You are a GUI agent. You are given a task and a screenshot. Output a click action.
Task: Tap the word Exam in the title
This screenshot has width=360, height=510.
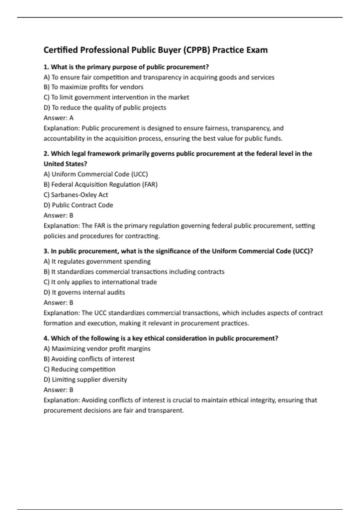pyautogui.click(x=257, y=50)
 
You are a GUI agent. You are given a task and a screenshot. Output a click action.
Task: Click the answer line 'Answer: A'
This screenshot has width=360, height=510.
pyautogui.click(x=58, y=118)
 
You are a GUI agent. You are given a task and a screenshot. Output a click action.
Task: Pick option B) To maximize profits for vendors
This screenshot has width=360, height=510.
pyautogui.click(x=93, y=87)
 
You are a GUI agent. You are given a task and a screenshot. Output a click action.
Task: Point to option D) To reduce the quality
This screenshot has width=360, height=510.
pyautogui.click(x=105, y=107)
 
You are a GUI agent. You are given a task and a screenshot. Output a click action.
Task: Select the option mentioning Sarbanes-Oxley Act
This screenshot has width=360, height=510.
pyautogui.click(x=76, y=195)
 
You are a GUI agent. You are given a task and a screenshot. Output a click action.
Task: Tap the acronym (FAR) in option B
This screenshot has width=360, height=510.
pyautogui.click(x=149, y=184)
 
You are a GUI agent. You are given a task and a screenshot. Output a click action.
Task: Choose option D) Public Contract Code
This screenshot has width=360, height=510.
pyautogui.click(x=78, y=205)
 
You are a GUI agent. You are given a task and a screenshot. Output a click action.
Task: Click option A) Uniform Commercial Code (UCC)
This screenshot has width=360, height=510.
pyautogui.click(x=96, y=174)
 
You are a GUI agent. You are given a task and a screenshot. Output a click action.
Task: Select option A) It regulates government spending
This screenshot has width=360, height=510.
pyautogui.click(x=97, y=261)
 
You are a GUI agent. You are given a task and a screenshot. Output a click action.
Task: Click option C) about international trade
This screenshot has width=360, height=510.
pyautogui.click(x=100, y=282)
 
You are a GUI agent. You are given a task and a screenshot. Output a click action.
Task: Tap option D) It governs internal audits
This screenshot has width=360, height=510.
pyautogui.click(x=84, y=292)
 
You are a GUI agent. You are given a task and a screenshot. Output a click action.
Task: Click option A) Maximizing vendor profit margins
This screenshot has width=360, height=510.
pyautogui.click(x=97, y=349)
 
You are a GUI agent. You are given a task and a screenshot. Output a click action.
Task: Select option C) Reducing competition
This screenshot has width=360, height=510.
pyautogui.click(x=79, y=369)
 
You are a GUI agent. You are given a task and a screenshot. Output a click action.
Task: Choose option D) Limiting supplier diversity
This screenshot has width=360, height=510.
pyautogui.click(x=85, y=379)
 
